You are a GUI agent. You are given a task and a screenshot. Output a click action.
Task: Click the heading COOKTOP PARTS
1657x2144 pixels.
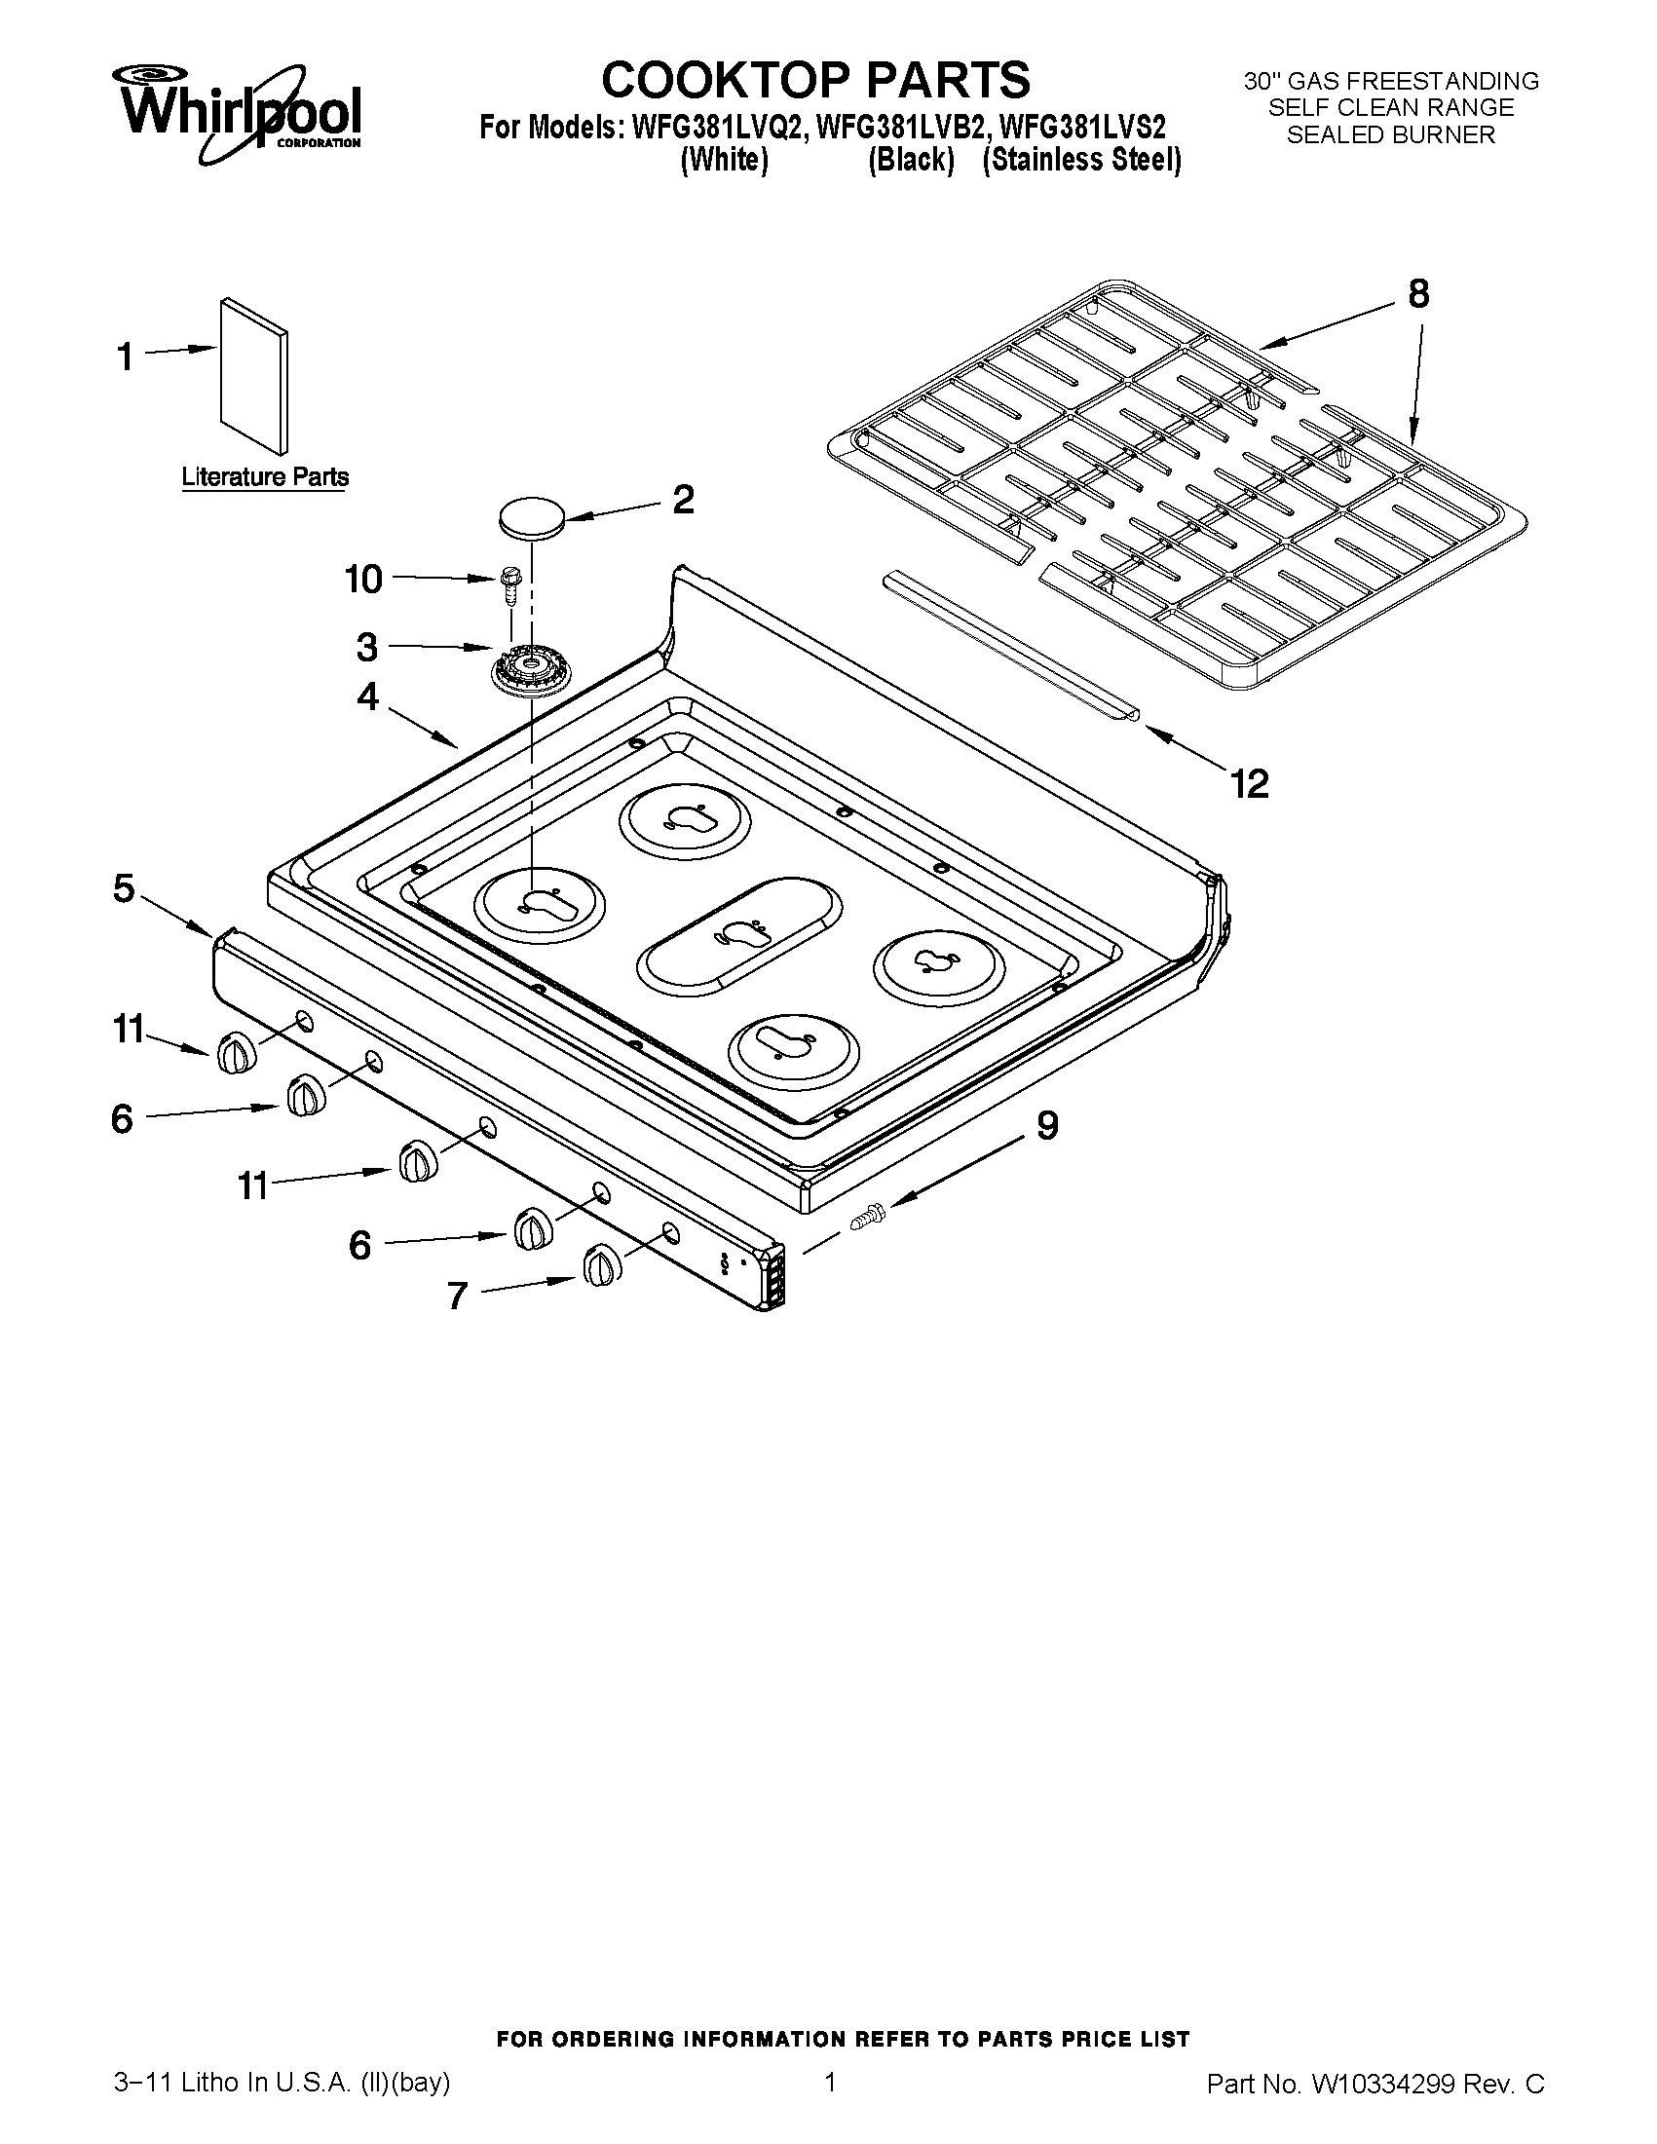point(814,80)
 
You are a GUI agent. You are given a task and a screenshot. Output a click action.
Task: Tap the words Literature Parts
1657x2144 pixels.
point(265,478)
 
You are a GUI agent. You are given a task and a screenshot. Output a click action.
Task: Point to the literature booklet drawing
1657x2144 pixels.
point(254,377)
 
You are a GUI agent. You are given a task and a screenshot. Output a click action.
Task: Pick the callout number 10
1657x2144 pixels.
point(363,580)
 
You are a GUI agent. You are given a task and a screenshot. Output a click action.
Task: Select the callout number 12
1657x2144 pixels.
point(1250,783)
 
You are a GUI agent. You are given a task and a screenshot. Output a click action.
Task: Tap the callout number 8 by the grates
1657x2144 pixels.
point(1418,293)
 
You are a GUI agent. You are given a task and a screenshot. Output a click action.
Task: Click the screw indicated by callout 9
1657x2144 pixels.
point(866,1216)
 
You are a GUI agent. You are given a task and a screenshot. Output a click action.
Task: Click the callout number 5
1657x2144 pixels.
point(124,889)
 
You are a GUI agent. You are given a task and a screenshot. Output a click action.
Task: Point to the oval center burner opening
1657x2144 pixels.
point(739,933)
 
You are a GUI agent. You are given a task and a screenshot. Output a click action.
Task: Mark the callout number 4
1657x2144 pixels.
point(367,697)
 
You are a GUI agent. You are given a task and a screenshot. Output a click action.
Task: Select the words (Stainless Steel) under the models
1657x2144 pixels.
point(1081,160)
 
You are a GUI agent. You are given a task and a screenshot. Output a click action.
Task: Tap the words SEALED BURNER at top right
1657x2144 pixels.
point(1390,135)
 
